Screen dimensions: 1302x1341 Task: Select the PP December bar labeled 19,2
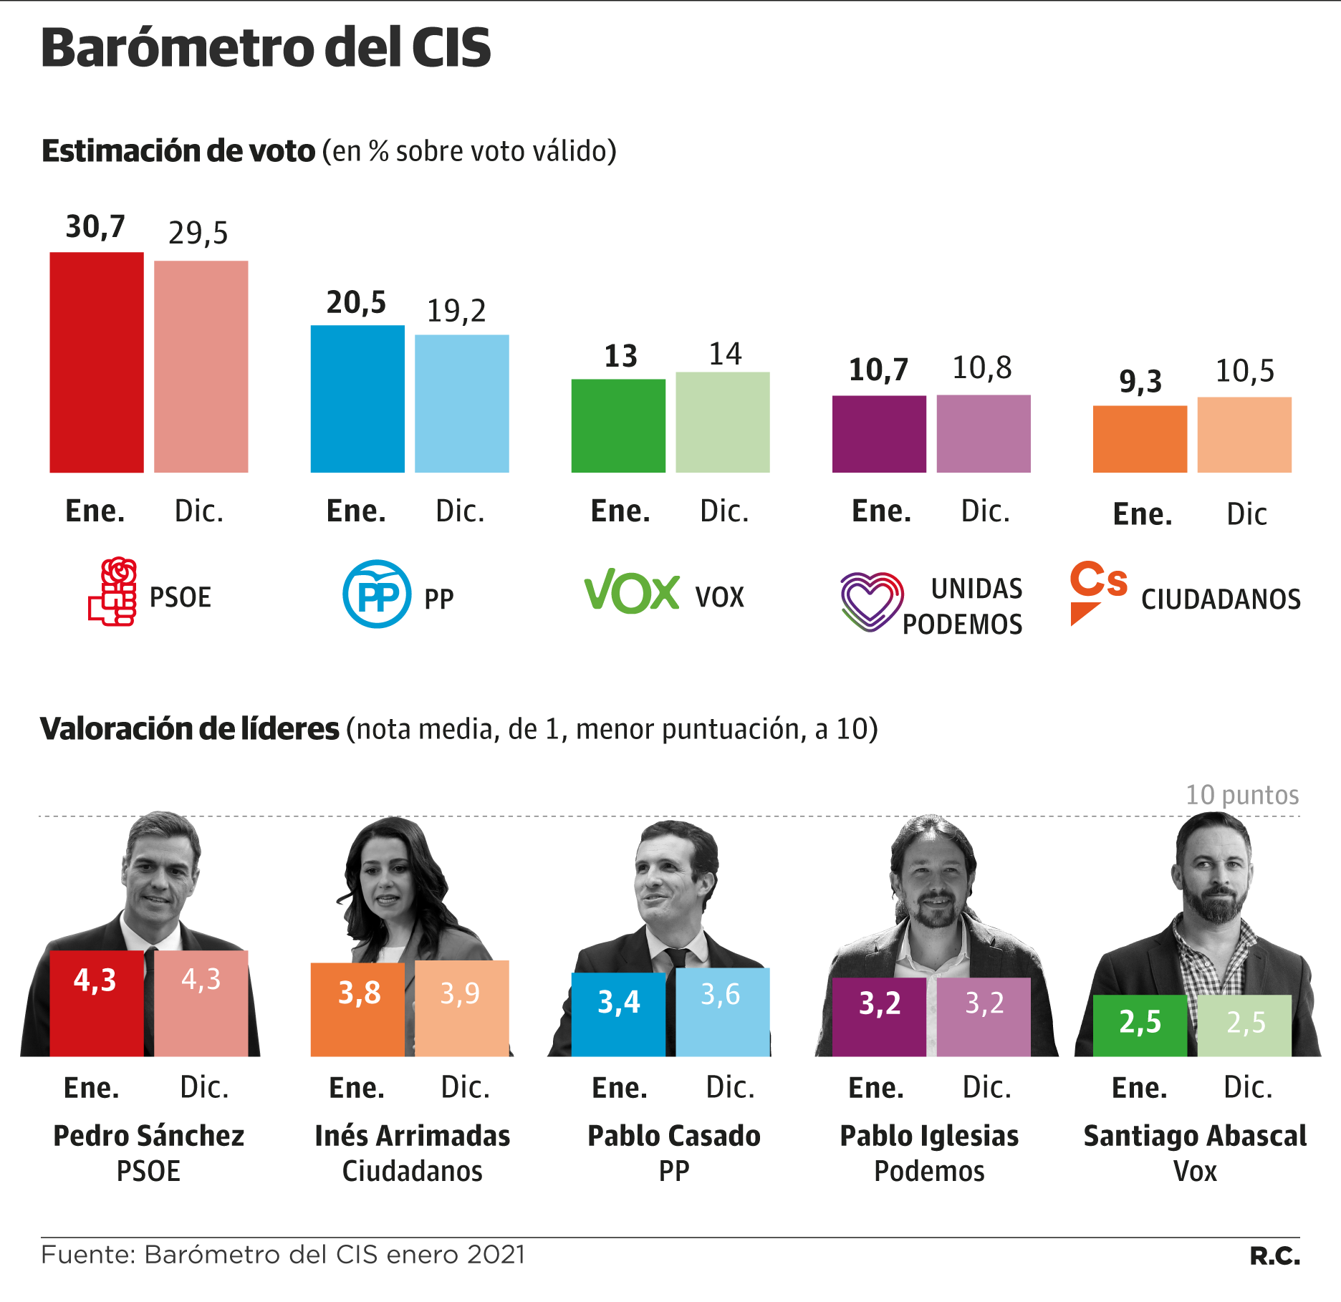461,403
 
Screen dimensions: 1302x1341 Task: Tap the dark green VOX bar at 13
617,425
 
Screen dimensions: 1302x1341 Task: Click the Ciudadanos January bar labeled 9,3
1139,439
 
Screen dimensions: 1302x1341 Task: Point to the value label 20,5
356,303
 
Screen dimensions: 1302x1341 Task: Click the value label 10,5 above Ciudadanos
1245,371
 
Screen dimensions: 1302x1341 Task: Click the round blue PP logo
377,594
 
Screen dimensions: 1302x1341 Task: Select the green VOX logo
632,592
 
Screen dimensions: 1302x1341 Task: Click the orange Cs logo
1097,590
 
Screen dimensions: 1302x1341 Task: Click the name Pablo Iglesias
929,1136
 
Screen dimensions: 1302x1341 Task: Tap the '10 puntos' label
1242,795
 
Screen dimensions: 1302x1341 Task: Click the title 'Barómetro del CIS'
266,48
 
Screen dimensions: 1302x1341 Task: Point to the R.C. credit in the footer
1274,1255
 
